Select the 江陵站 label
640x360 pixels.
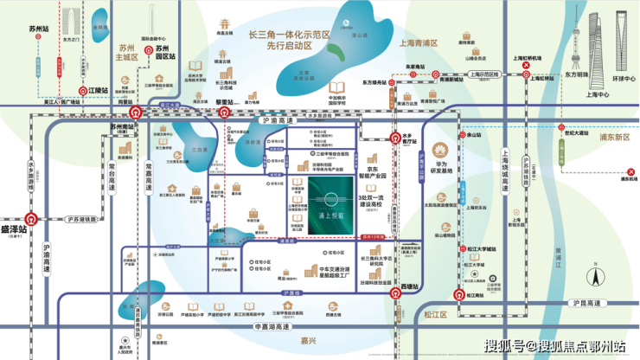pyautogui.click(x=101, y=89)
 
